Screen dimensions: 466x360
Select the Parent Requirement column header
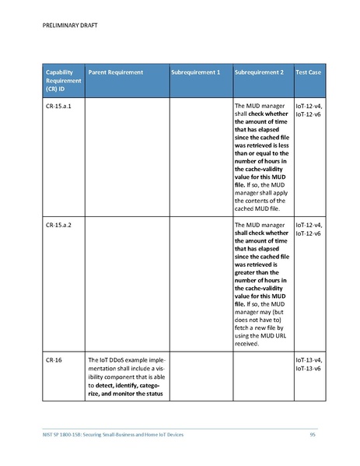coord(116,72)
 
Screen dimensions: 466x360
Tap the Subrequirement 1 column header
coord(195,72)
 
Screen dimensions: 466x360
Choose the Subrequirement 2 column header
coord(259,72)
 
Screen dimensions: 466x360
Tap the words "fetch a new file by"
coord(258,325)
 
